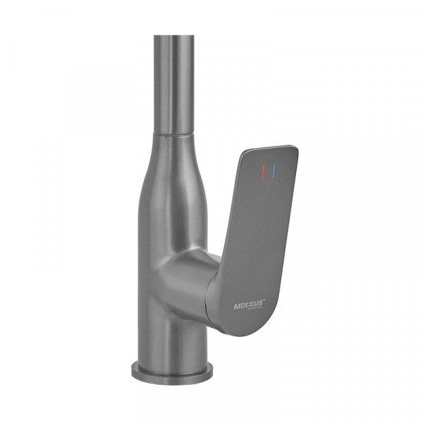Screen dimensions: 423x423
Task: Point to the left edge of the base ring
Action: [x=132, y=370]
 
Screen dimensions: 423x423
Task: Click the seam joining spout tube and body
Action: [x=171, y=132]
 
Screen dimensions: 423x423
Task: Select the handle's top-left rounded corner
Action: [x=243, y=153]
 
